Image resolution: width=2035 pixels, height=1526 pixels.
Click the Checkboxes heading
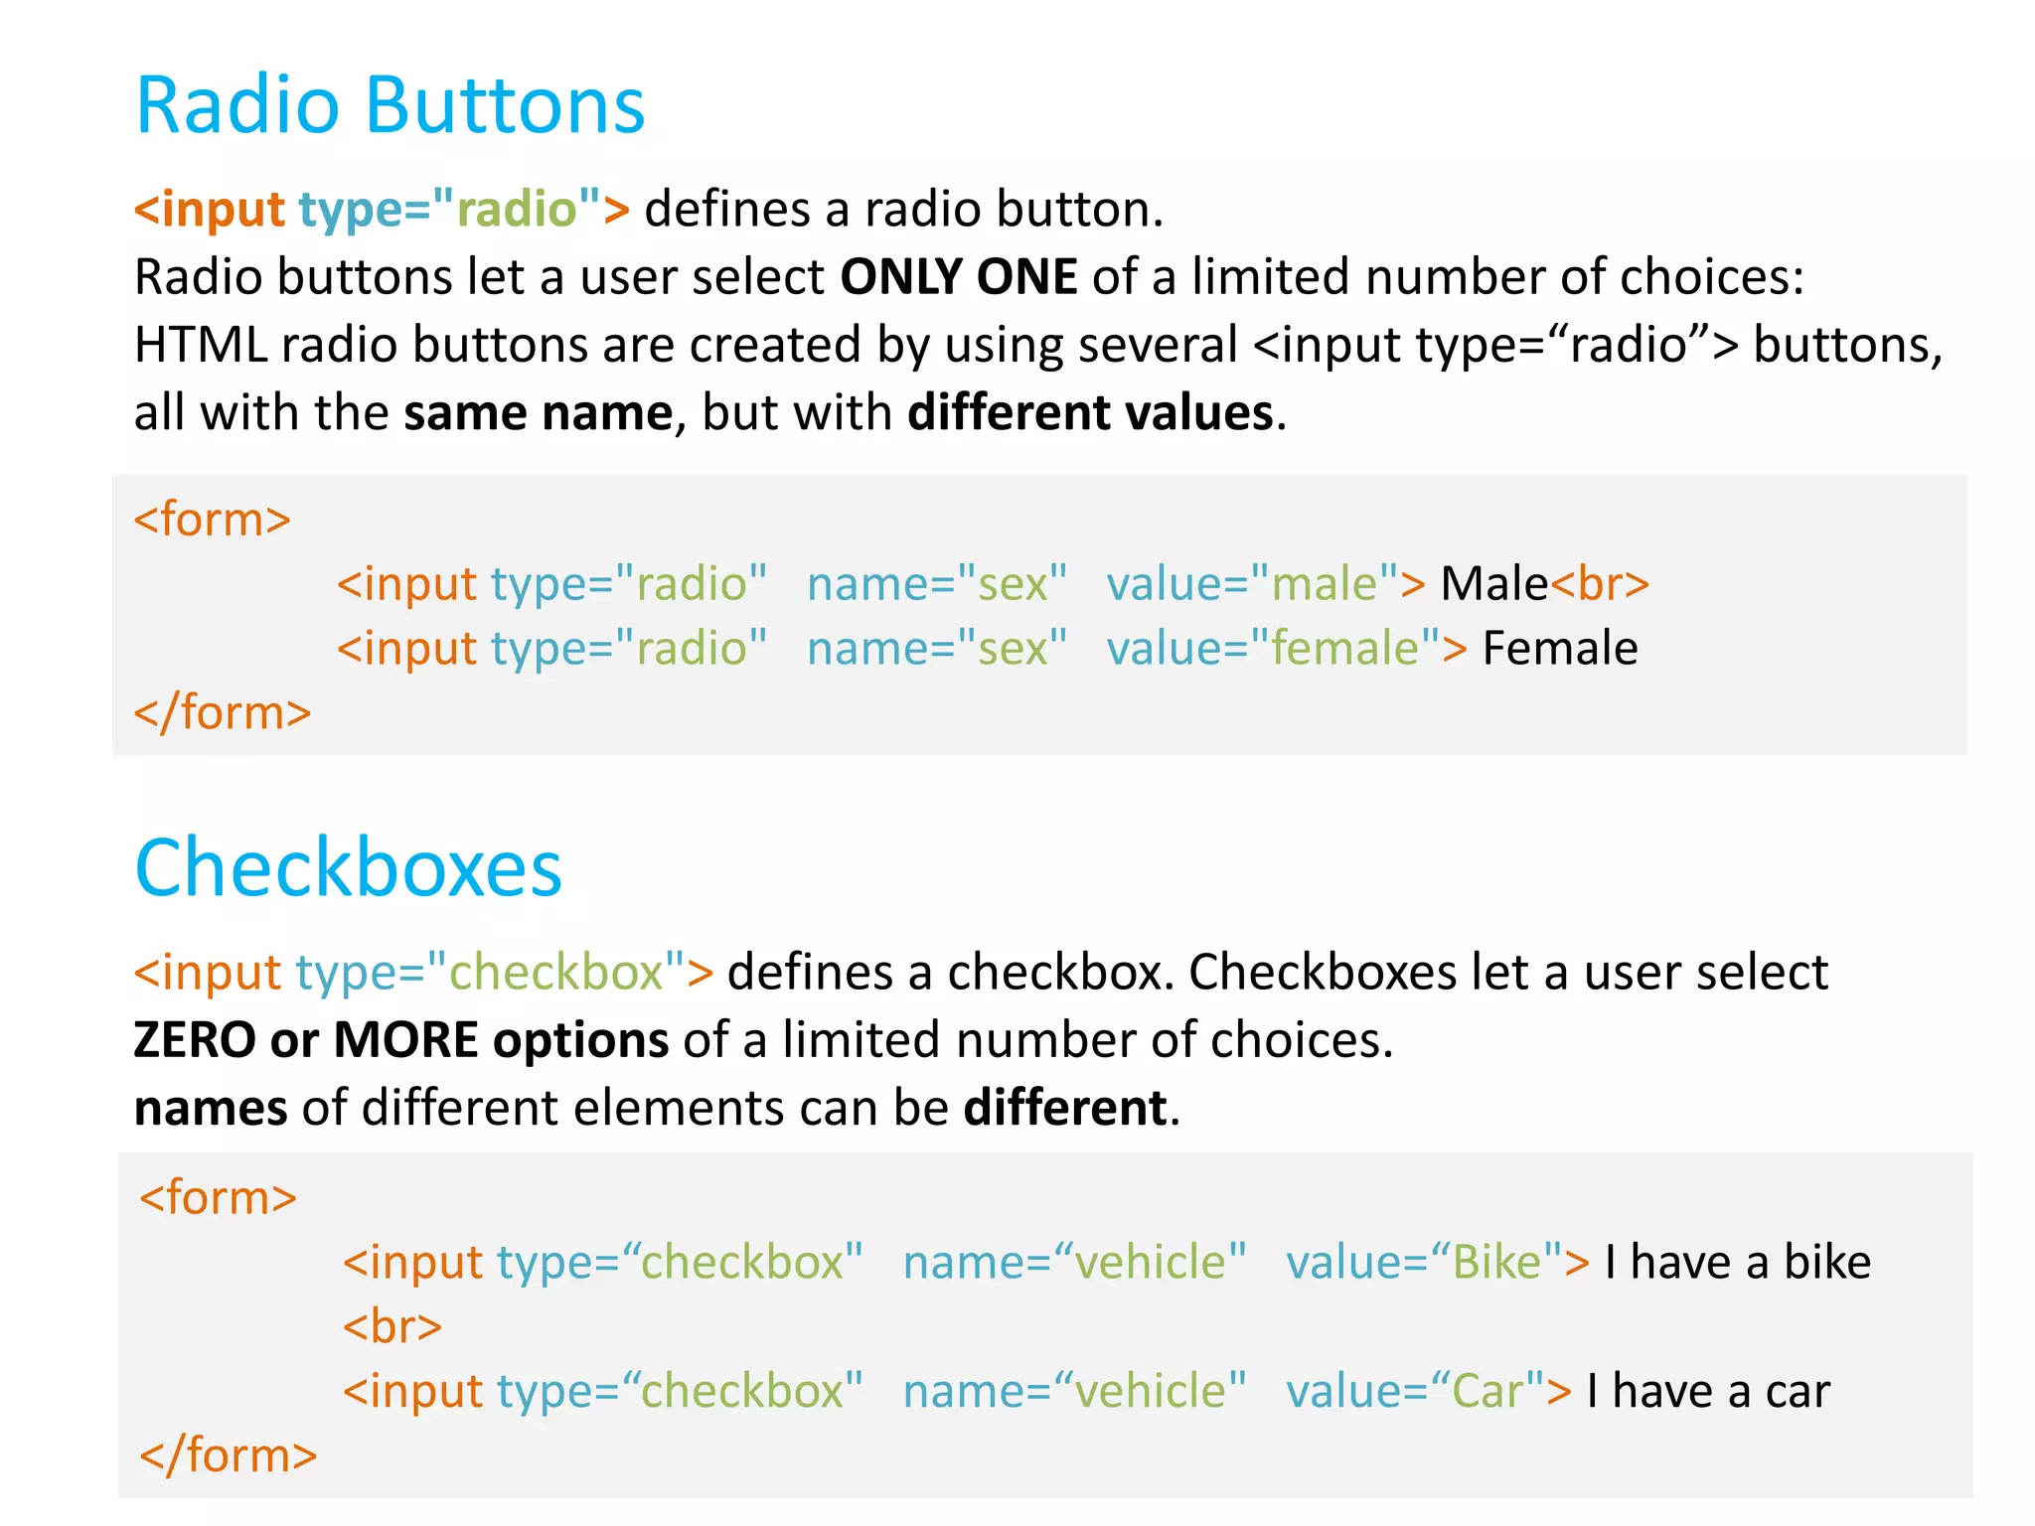(x=348, y=868)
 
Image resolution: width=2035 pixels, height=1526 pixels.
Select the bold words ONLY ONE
(x=958, y=277)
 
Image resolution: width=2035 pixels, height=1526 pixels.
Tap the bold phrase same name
(x=538, y=412)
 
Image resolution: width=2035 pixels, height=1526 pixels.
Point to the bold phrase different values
(x=1090, y=412)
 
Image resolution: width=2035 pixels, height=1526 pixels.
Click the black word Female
(x=1559, y=649)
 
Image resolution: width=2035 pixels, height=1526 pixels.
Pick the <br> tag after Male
(x=1600, y=584)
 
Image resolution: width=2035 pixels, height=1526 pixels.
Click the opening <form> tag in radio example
(x=213, y=520)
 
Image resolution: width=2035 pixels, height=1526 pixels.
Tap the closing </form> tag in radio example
(x=223, y=713)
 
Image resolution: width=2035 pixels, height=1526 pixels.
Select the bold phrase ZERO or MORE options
(x=400, y=1040)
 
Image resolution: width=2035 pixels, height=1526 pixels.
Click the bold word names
(x=211, y=1108)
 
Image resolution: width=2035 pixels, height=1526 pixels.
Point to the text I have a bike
(x=1737, y=1263)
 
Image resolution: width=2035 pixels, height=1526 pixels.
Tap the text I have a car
(x=1707, y=1391)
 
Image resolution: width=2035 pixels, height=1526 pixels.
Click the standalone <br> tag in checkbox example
(x=391, y=1327)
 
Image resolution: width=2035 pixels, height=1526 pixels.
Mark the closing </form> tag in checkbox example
(x=229, y=1455)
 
